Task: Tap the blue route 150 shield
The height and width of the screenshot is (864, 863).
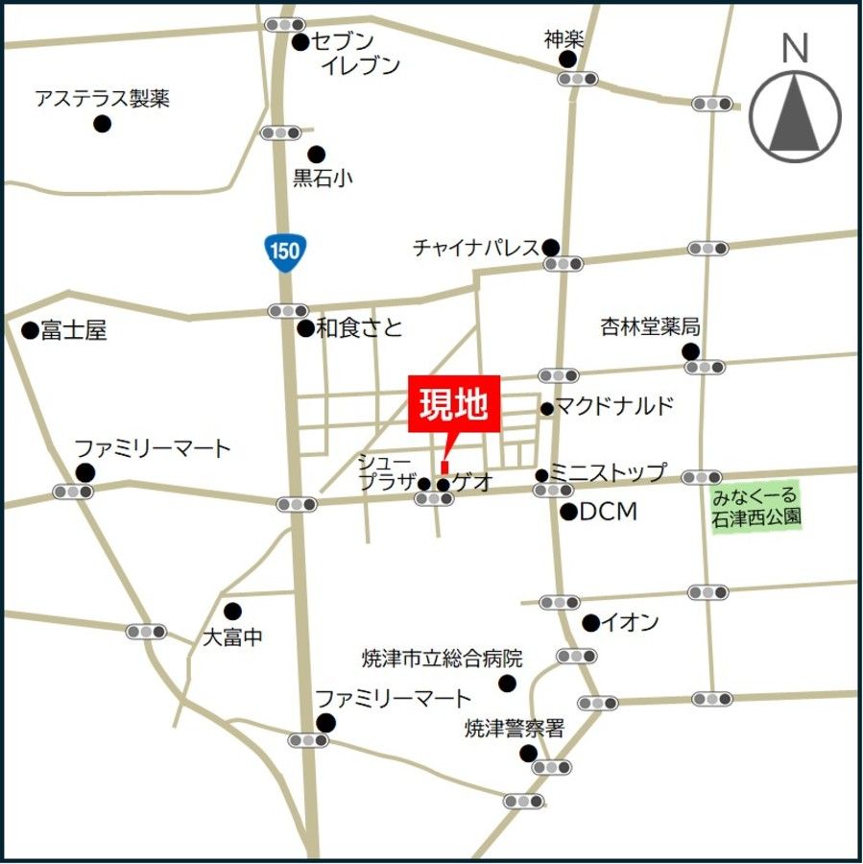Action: (284, 252)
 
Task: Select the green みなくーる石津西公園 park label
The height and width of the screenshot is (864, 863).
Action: (756, 508)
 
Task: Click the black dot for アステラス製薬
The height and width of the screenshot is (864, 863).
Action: (102, 124)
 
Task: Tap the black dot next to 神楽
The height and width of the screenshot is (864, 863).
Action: (568, 60)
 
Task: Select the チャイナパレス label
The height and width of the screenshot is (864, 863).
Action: (476, 248)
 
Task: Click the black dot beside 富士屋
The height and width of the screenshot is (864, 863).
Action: (30, 330)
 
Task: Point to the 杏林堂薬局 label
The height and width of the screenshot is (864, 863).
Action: (650, 327)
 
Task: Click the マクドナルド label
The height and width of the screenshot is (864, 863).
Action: (614, 406)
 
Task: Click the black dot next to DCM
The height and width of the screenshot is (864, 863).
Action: (568, 512)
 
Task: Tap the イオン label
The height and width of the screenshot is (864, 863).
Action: (630, 623)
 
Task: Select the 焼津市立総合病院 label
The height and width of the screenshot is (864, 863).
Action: (442, 659)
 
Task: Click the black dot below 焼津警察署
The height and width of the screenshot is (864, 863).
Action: (528, 754)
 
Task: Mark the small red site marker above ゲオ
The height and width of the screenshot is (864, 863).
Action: (444, 467)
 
